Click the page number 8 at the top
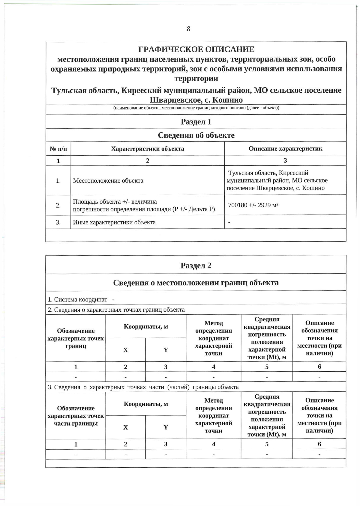(188, 29)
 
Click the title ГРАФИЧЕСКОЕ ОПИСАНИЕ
(196, 49)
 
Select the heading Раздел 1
(196, 121)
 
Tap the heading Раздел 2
(196, 265)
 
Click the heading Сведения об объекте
(196, 135)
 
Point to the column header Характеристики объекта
(148, 149)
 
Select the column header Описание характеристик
(285, 148)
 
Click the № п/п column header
(58, 149)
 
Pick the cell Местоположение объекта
(108, 181)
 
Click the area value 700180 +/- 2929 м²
(253, 205)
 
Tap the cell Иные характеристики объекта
(114, 222)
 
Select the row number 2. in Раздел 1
(58, 205)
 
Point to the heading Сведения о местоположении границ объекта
(196, 283)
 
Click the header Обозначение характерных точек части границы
(76, 416)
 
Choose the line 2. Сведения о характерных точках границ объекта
(116, 310)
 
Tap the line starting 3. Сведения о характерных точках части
(143, 387)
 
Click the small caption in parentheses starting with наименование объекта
(196, 108)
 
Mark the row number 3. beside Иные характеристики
(58, 222)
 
